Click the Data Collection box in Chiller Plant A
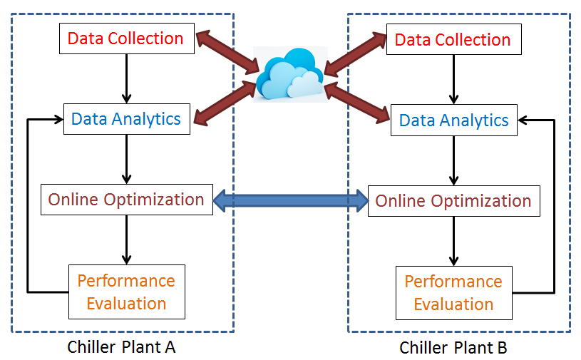coord(125,38)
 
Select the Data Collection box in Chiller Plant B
coord(453,39)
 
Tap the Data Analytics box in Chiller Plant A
coord(126,118)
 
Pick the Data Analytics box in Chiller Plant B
coord(453,120)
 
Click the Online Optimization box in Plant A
coord(126,200)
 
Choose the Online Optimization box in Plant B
coord(453,201)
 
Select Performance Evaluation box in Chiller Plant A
coord(126,292)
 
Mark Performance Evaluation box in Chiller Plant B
coord(453,292)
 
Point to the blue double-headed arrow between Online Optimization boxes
coord(290,200)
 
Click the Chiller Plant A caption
coord(121,347)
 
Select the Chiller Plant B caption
coord(453,348)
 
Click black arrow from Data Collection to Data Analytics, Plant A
coord(127,78)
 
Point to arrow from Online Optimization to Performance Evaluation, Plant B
coord(453,240)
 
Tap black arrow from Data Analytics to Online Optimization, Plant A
coord(127,158)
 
